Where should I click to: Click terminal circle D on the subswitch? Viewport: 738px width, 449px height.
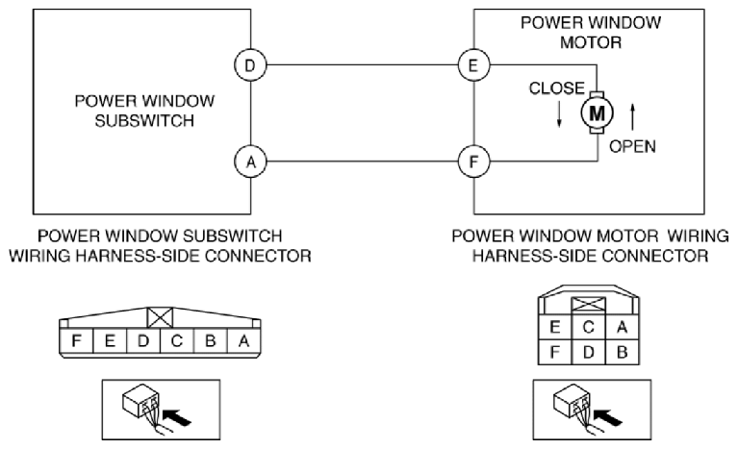point(250,65)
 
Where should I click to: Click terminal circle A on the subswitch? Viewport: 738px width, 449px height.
point(250,162)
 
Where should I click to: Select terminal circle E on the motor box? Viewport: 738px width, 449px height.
point(473,65)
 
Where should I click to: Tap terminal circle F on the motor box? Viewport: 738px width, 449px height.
point(473,162)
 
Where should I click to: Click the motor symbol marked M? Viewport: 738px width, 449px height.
point(597,112)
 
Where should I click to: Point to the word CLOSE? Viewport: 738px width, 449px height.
point(557,88)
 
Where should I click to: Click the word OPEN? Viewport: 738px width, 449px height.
point(632,147)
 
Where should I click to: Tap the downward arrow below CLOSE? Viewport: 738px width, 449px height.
point(559,113)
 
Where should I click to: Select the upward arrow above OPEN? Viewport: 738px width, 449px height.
point(632,116)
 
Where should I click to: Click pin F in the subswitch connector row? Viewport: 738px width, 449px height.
point(76,340)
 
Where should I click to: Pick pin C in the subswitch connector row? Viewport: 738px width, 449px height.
point(176,340)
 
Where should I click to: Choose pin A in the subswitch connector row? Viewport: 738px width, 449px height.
point(243,340)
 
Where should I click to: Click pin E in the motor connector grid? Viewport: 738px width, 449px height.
point(555,326)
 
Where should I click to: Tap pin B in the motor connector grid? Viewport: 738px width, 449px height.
point(623,352)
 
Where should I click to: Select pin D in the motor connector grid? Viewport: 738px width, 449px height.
point(588,352)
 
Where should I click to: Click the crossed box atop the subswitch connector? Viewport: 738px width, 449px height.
point(160,318)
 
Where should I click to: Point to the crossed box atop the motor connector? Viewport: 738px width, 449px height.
point(588,305)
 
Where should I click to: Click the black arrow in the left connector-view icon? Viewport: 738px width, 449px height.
point(177,416)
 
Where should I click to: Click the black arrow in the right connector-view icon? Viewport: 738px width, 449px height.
point(608,416)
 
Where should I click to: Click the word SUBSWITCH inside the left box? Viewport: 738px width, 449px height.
point(144,121)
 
